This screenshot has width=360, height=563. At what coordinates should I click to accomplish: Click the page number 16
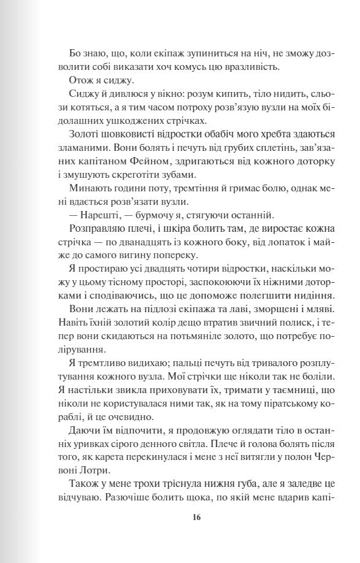(x=196, y=517)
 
